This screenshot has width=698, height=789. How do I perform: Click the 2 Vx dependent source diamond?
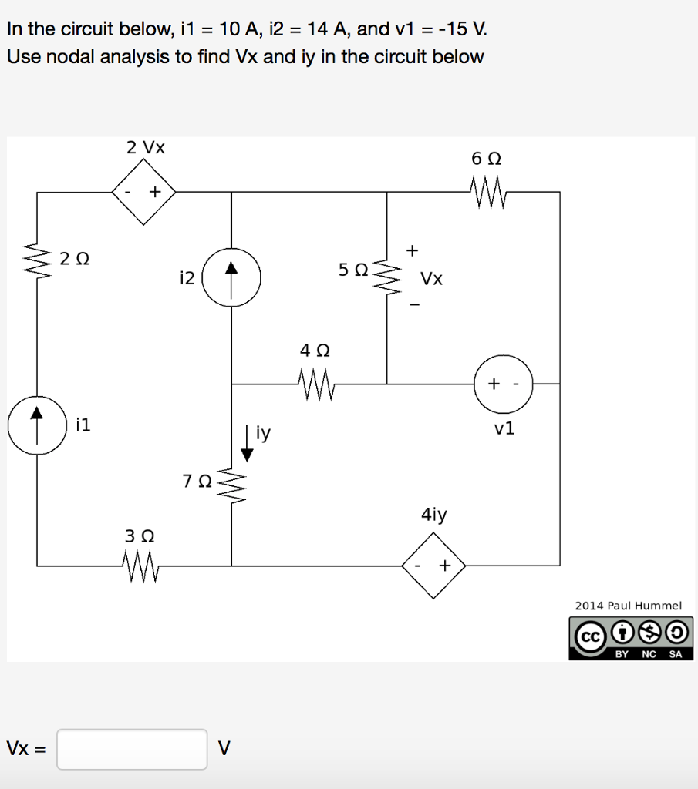coord(144,192)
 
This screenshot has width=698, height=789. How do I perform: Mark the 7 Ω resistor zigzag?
coord(232,485)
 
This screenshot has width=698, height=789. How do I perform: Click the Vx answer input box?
coord(132,749)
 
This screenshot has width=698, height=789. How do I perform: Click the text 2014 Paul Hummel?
coord(628,606)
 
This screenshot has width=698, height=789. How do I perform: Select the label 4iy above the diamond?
coord(433,515)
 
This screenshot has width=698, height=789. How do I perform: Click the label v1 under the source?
coord(504,429)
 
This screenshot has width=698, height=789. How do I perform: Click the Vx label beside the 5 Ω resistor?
coord(432,278)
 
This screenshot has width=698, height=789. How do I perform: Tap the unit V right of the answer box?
coord(224,748)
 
